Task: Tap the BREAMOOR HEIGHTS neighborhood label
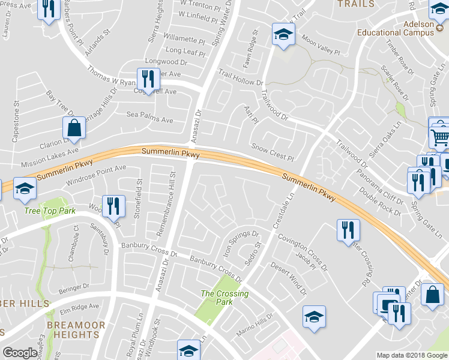(76, 330)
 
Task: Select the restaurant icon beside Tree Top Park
(113, 206)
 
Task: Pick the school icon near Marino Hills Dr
(314, 317)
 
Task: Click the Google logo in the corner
(20, 353)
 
